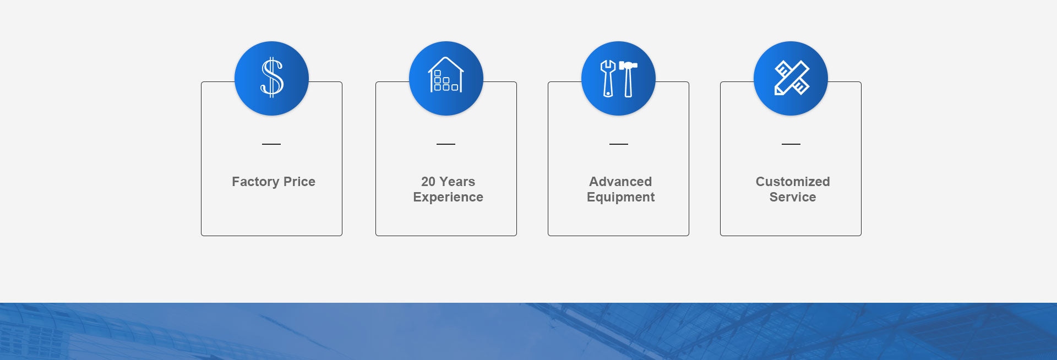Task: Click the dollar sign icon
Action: [x=271, y=78]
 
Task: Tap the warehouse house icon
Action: [x=446, y=75]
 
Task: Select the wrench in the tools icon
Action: [x=608, y=78]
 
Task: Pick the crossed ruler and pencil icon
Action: [x=792, y=78]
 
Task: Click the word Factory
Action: [x=255, y=182]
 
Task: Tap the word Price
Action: [x=299, y=182]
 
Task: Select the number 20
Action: [x=428, y=182]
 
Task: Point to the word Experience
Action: [x=448, y=197]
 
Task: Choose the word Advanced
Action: [x=620, y=182]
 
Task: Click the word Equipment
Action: [x=620, y=197]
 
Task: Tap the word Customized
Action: [x=793, y=182]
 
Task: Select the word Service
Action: [x=793, y=197]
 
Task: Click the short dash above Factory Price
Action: [x=271, y=144]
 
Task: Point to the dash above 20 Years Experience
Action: [x=446, y=144]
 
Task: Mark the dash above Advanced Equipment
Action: [x=619, y=144]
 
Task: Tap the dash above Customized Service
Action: [x=791, y=144]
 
